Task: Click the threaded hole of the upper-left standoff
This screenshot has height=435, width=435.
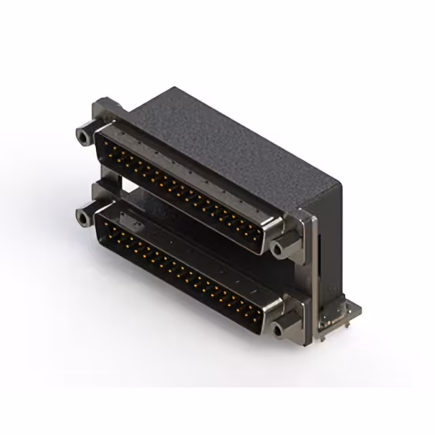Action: coord(84,137)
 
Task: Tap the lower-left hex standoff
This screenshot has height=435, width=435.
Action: coord(84,217)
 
